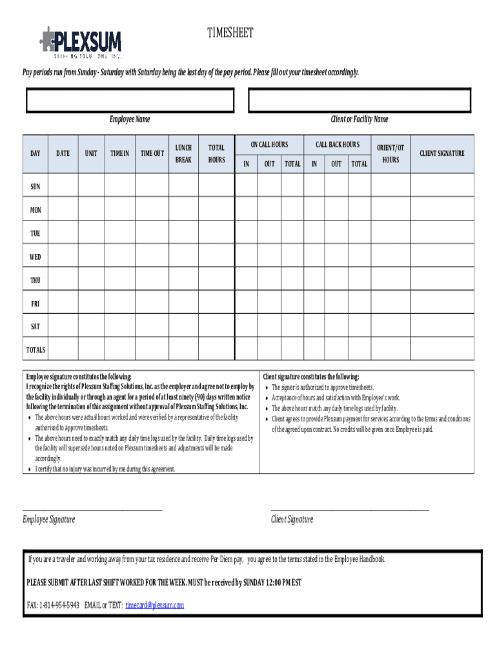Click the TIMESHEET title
point(230,33)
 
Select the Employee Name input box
point(130,101)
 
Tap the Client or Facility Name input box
point(360,101)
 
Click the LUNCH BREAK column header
point(183,154)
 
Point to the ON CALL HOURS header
point(269,145)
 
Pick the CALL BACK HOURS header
point(337,145)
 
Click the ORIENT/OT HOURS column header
point(391,154)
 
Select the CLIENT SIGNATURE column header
point(441,154)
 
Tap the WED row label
point(35,257)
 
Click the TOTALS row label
point(35,350)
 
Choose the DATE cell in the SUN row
point(63,187)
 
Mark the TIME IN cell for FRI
point(119,304)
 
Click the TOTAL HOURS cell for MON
point(216,210)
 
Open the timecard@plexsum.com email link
point(155,605)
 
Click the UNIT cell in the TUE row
point(91,233)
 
